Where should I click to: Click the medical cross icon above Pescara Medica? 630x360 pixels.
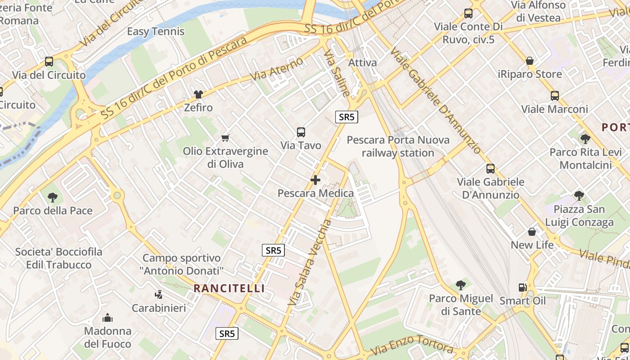click(x=315, y=180)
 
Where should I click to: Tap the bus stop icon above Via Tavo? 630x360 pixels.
click(x=301, y=132)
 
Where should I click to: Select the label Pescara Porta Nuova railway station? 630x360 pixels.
click(x=398, y=146)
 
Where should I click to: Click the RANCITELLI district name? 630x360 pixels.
click(x=229, y=288)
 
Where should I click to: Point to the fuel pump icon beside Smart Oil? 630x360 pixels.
click(x=522, y=287)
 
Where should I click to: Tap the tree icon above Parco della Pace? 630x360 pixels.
click(x=53, y=197)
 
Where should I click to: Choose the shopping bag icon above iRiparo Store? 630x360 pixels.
click(x=530, y=61)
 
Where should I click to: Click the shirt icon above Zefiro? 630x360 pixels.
click(x=198, y=94)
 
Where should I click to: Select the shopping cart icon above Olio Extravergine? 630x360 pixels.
click(x=225, y=138)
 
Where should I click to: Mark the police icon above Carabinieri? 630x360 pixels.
click(x=158, y=295)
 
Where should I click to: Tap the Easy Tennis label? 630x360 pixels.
click(x=156, y=31)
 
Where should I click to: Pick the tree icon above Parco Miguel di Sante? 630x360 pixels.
click(x=460, y=285)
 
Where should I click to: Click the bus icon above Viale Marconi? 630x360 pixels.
click(x=554, y=96)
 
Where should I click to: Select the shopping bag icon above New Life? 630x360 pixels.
click(x=532, y=232)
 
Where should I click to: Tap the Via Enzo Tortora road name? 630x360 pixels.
click(x=413, y=345)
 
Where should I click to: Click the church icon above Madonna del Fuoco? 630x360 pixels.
click(x=108, y=318)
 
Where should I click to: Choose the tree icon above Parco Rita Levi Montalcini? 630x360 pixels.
click(x=585, y=139)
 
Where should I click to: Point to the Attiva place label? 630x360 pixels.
click(x=362, y=63)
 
